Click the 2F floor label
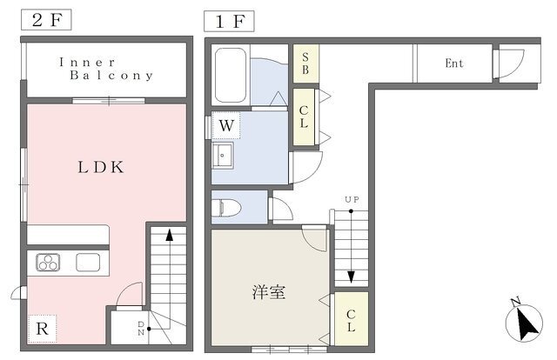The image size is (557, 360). [x=46, y=20]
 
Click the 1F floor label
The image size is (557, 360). [x=229, y=21]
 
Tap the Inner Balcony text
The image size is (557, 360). [x=106, y=69]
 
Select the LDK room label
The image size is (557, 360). [x=101, y=167]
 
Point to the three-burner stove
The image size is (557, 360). [x=48, y=263]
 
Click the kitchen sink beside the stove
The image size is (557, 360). [x=88, y=263]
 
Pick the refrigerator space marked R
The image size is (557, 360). [x=43, y=329]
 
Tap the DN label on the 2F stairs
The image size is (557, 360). [x=141, y=329]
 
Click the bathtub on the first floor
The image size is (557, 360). [x=231, y=76]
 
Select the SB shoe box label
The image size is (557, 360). [x=305, y=63]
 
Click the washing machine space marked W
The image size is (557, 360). [x=226, y=125]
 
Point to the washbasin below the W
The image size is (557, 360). [x=223, y=155]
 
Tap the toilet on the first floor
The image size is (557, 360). [x=226, y=208]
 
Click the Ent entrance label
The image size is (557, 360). [x=454, y=63]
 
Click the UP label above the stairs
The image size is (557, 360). [x=352, y=199]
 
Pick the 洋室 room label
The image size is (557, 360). [x=269, y=292]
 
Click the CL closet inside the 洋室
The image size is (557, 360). [x=352, y=319]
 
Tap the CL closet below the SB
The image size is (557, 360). [x=304, y=117]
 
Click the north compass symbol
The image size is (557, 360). [x=524, y=323]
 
